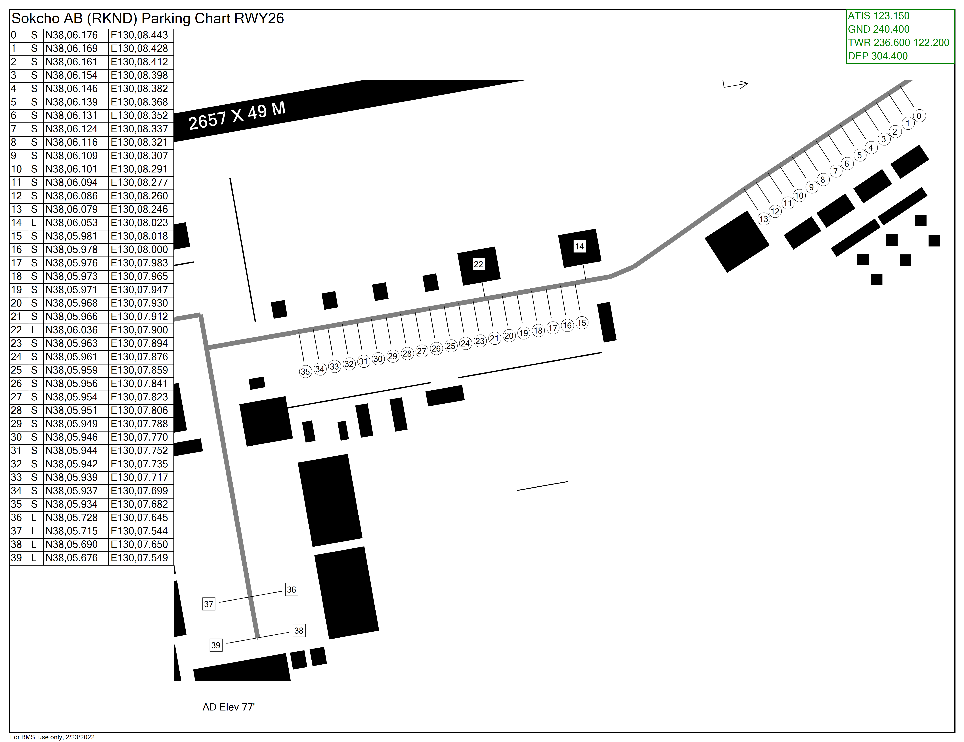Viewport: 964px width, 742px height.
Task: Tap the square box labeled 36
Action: [x=291, y=590]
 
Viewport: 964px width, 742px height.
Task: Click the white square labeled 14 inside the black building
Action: [x=580, y=246]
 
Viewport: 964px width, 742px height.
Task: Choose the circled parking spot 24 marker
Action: [x=465, y=344]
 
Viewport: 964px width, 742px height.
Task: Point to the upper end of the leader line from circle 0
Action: [x=900, y=86]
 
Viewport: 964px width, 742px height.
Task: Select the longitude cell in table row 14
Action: [x=141, y=223]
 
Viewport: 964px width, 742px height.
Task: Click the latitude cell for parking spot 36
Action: [x=76, y=518]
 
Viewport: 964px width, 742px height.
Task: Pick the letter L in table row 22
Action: [x=33, y=330]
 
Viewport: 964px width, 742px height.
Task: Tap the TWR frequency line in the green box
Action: [x=898, y=42]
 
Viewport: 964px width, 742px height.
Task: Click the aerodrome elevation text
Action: [x=229, y=707]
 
